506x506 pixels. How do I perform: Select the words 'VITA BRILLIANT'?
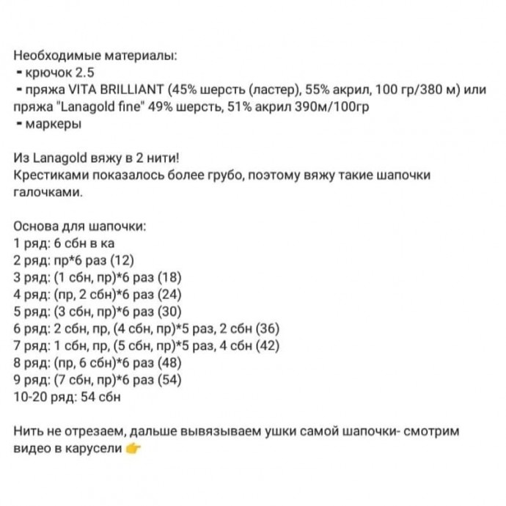(x=124, y=90)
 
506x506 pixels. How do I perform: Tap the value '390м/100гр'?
(x=340, y=107)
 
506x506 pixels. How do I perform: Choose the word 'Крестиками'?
(x=48, y=176)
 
